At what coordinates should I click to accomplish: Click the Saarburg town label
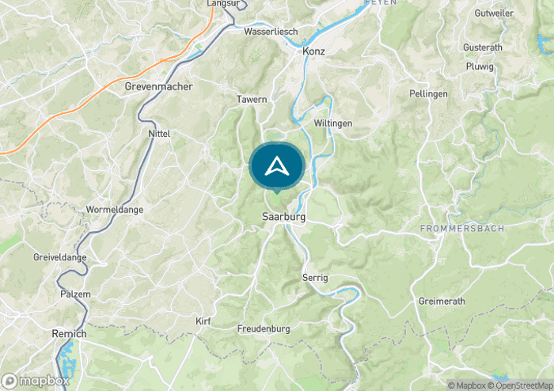[x=283, y=216]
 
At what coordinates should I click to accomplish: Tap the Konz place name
[x=314, y=51]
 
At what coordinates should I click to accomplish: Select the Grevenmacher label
[x=158, y=86]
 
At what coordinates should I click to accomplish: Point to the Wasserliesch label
[x=271, y=32]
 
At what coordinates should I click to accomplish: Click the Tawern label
[x=252, y=100]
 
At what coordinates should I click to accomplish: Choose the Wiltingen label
[x=332, y=123]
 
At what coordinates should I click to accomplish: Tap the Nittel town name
[x=159, y=134]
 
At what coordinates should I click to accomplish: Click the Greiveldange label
[x=59, y=258]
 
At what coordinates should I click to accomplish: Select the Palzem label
[x=76, y=294]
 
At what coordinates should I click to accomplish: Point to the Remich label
[x=69, y=334]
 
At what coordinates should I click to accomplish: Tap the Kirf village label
[x=203, y=321]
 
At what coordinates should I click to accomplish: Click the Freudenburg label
[x=264, y=328]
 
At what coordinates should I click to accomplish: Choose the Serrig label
[x=315, y=277]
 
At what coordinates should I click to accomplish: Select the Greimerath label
[x=441, y=302]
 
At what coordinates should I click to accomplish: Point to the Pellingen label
[x=428, y=93]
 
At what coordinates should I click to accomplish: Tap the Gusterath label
[x=483, y=47]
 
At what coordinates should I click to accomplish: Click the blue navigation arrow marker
[x=276, y=166]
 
